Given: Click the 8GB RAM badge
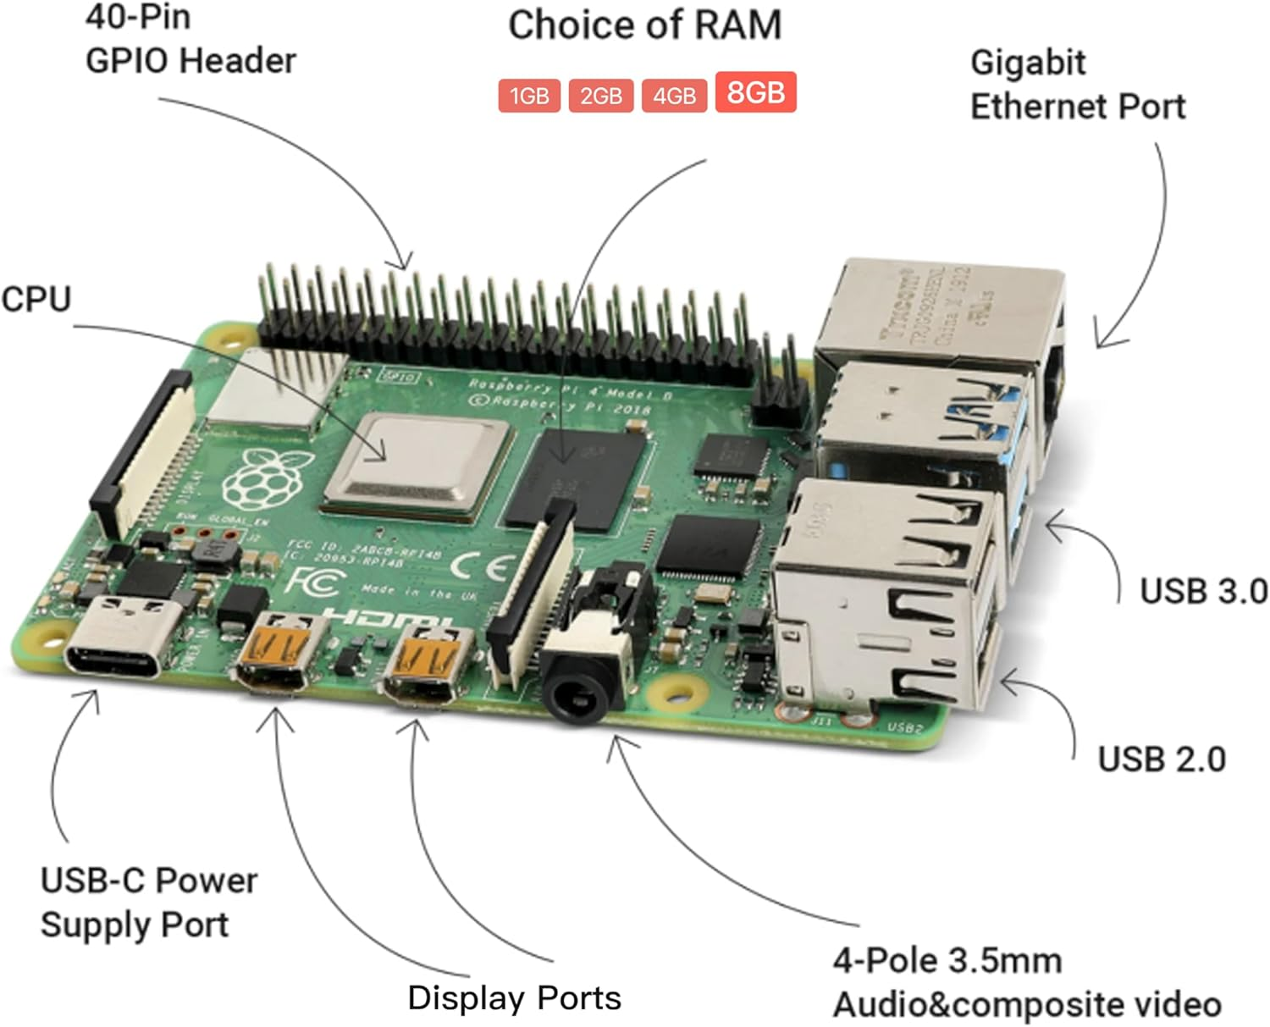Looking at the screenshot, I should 755,92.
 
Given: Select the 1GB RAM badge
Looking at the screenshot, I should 529,96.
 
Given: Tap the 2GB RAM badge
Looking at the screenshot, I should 601,96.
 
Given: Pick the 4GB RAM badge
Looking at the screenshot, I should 674,96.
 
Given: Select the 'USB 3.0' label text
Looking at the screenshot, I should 1202,591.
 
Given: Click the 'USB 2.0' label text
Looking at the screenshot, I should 1161,759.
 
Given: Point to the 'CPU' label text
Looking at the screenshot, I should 36,300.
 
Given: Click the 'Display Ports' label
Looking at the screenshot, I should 514,997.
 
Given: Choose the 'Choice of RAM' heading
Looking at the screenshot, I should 644,25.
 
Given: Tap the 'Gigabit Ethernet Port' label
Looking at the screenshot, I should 1076,85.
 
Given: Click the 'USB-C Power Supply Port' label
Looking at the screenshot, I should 148,903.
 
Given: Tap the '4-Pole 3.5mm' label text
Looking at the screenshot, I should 947,961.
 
